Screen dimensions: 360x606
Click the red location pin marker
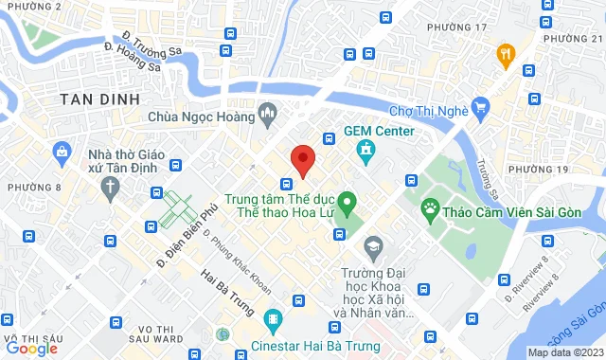click(x=302, y=160)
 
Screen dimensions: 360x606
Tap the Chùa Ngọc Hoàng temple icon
click(x=268, y=117)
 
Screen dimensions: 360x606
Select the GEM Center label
click(x=379, y=131)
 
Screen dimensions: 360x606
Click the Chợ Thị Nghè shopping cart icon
click(x=481, y=106)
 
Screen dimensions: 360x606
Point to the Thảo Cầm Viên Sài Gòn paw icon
click(x=432, y=207)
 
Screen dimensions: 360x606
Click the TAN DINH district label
click(x=99, y=99)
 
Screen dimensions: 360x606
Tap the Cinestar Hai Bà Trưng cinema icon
click(x=273, y=319)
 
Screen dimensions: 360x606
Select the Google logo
click(x=32, y=349)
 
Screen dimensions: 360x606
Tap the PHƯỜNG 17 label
click(x=456, y=27)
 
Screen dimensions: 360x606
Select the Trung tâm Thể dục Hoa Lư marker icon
click(x=347, y=201)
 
